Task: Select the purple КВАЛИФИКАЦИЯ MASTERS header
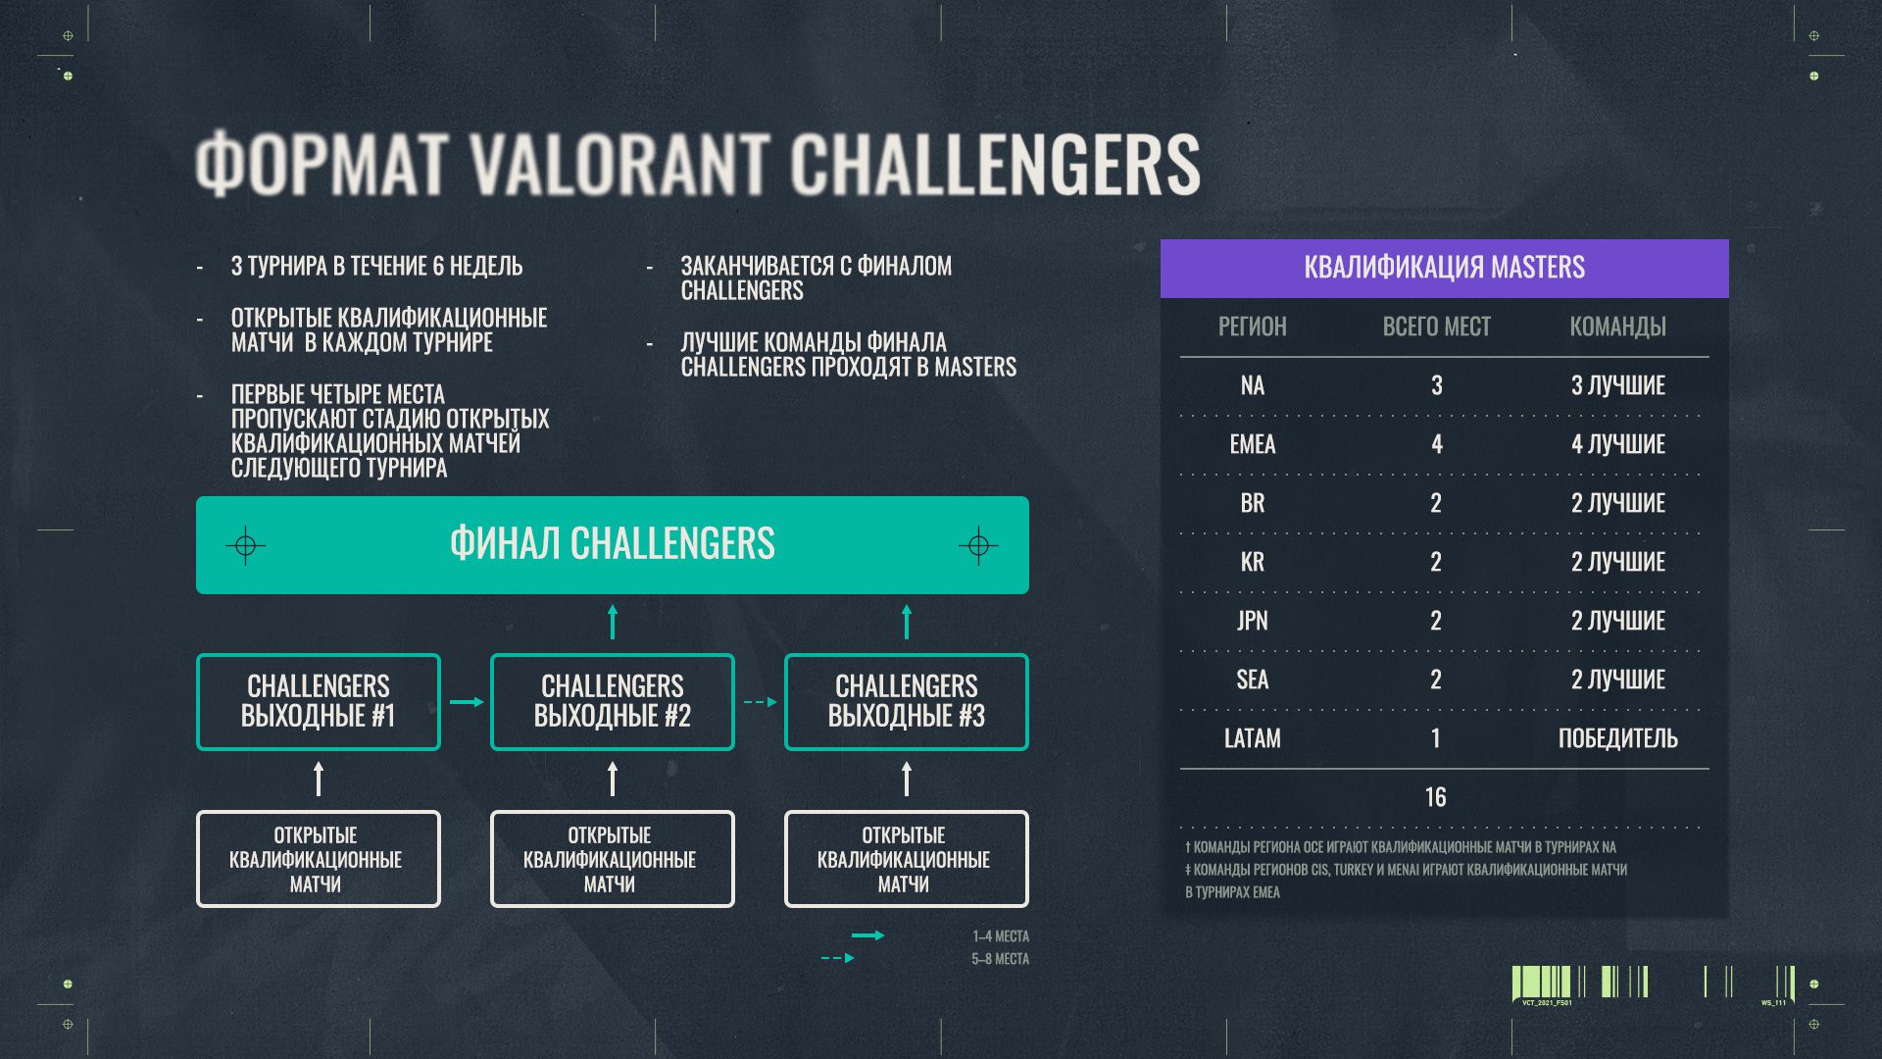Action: click(x=1444, y=268)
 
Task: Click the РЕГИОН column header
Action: click(x=1252, y=327)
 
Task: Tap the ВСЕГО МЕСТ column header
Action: click(x=1436, y=327)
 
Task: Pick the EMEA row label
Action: click(x=1252, y=444)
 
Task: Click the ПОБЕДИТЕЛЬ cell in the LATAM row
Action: click(x=1617, y=738)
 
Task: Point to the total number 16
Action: click(x=1435, y=797)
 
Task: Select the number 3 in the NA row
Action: click(x=1436, y=385)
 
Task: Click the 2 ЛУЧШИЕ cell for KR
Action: click(x=1617, y=562)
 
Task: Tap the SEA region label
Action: click(x=1252, y=680)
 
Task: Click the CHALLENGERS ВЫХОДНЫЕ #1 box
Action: click(x=319, y=702)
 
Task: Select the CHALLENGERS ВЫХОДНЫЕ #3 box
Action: click(x=906, y=702)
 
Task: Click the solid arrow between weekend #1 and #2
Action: click(x=467, y=702)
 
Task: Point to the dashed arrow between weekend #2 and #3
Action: click(x=760, y=702)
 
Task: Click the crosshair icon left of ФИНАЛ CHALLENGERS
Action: click(x=245, y=545)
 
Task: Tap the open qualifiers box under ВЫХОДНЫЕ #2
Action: click(x=612, y=859)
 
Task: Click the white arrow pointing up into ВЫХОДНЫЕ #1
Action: click(x=319, y=780)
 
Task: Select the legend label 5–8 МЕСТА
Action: click(x=1000, y=959)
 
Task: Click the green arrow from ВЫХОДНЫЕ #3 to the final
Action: click(x=906, y=623)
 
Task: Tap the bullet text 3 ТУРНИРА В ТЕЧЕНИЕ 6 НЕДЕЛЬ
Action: click(x=376, y=267)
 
